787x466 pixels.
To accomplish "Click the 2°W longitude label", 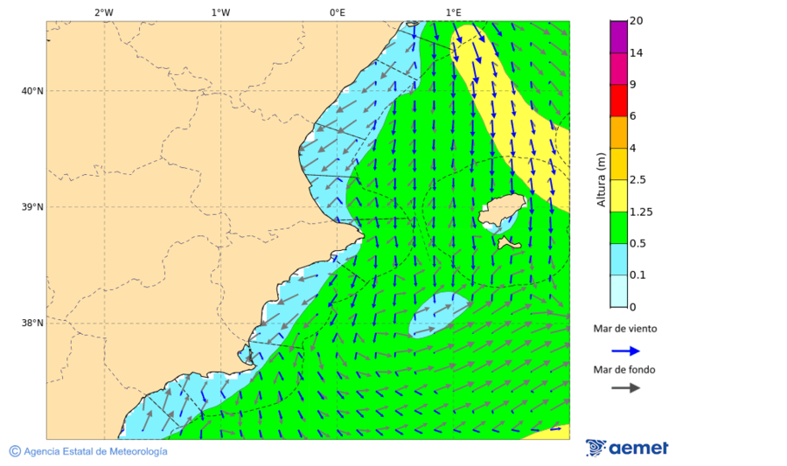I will click(103, 12).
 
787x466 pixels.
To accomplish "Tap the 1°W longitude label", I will click(220, 12).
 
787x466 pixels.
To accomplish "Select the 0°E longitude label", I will click(337, 12).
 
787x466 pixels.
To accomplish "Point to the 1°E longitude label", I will click(453, 12).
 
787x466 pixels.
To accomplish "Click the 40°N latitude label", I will click(31, 91).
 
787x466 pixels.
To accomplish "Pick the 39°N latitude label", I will click(31, 207).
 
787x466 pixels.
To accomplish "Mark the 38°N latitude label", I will click(31, 323).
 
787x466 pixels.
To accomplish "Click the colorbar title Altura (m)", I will click(601, 179).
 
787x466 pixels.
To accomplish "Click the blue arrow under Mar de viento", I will click(625, 351).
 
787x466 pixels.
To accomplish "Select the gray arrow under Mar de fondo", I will click(625, 388).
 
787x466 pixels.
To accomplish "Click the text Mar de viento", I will click(624, 330).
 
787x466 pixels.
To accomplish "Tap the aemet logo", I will click(627, 449).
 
